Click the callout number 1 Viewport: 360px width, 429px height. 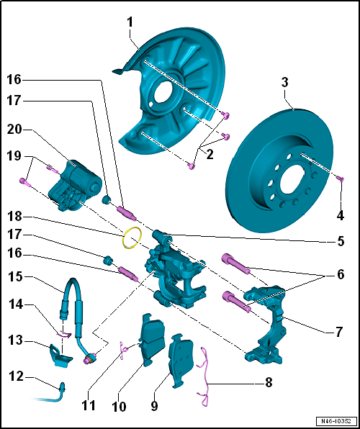point(130,23)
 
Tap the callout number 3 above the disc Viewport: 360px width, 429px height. point(284,82)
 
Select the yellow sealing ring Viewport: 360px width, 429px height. point(132,238)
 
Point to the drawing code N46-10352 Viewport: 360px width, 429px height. point(337,420)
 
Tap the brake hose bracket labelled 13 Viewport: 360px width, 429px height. point(61,356)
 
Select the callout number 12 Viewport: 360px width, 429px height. point(17,377)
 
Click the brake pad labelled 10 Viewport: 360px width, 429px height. point(152,340)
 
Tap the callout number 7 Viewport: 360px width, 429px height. point(339,332)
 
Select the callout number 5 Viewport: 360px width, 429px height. point(341,241)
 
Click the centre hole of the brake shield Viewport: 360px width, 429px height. point(163,91)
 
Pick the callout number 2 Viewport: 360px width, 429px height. point(210,155)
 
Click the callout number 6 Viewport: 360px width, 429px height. point(341,274)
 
